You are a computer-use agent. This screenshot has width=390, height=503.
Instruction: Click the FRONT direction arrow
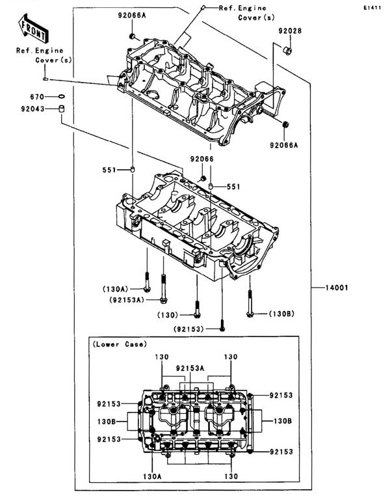[x=33, y=28]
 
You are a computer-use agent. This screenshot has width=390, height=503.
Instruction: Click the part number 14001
[x=337, y=288]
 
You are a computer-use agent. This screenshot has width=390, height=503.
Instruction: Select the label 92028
[x=290, y=31]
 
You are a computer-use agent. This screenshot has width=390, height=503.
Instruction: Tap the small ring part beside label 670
[x=61, y=96]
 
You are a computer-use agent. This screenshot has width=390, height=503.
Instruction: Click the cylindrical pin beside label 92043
[x=61, y=109]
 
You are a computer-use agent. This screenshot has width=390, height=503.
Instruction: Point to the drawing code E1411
[x=372, y=7]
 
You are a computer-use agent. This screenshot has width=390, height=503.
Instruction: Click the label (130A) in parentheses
[x=115, y=289]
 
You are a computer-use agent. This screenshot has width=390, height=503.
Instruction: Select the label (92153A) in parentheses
[x=127, y=299]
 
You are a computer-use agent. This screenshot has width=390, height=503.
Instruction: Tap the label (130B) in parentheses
[x=281, y=314]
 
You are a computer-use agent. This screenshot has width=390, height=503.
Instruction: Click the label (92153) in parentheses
[x=188, y=329]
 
